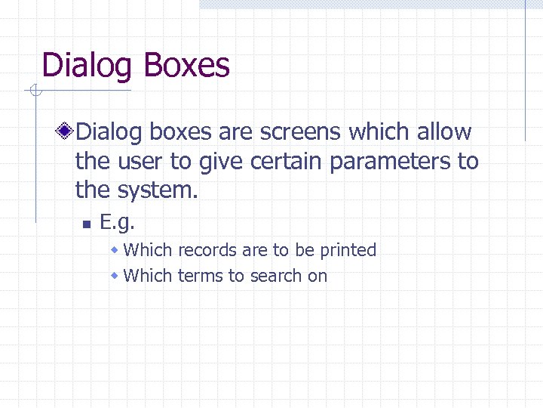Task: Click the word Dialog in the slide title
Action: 87,66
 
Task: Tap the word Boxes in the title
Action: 185,65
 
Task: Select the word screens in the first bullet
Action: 301,132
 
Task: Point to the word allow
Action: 443,132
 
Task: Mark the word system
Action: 159,190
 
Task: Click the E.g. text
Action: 117,222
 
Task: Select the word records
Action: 205,250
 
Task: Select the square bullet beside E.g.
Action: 87,224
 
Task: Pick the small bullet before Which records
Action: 115,250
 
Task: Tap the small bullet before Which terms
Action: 115,276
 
